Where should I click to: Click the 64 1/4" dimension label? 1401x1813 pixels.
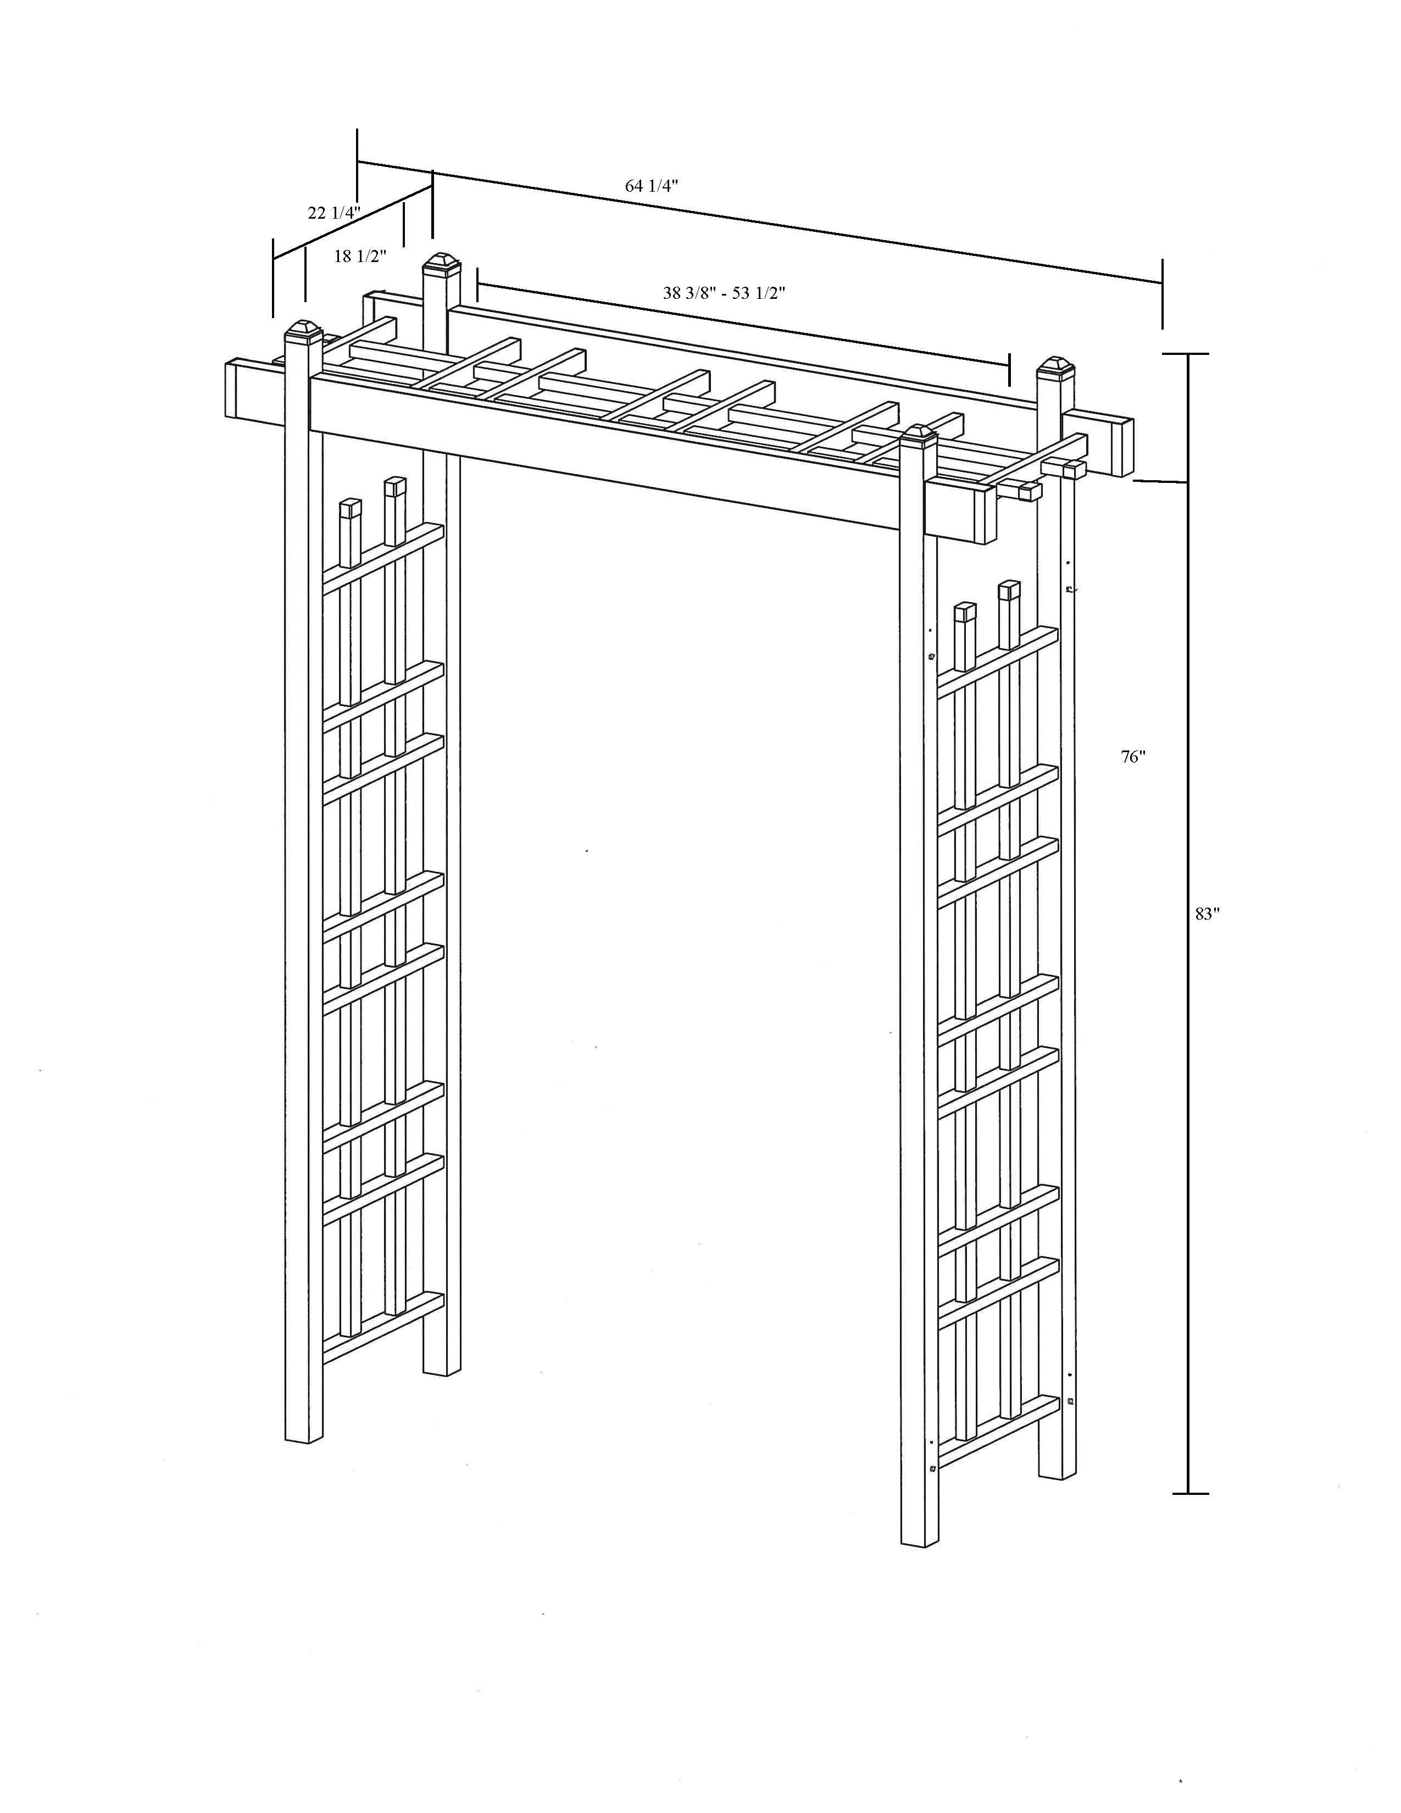(x=652, y=186)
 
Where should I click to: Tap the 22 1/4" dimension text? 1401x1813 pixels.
(x=333, y=213)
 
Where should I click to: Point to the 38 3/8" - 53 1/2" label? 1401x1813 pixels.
(x=724, y=292)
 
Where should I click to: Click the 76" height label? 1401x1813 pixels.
(x=1133, y=757)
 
